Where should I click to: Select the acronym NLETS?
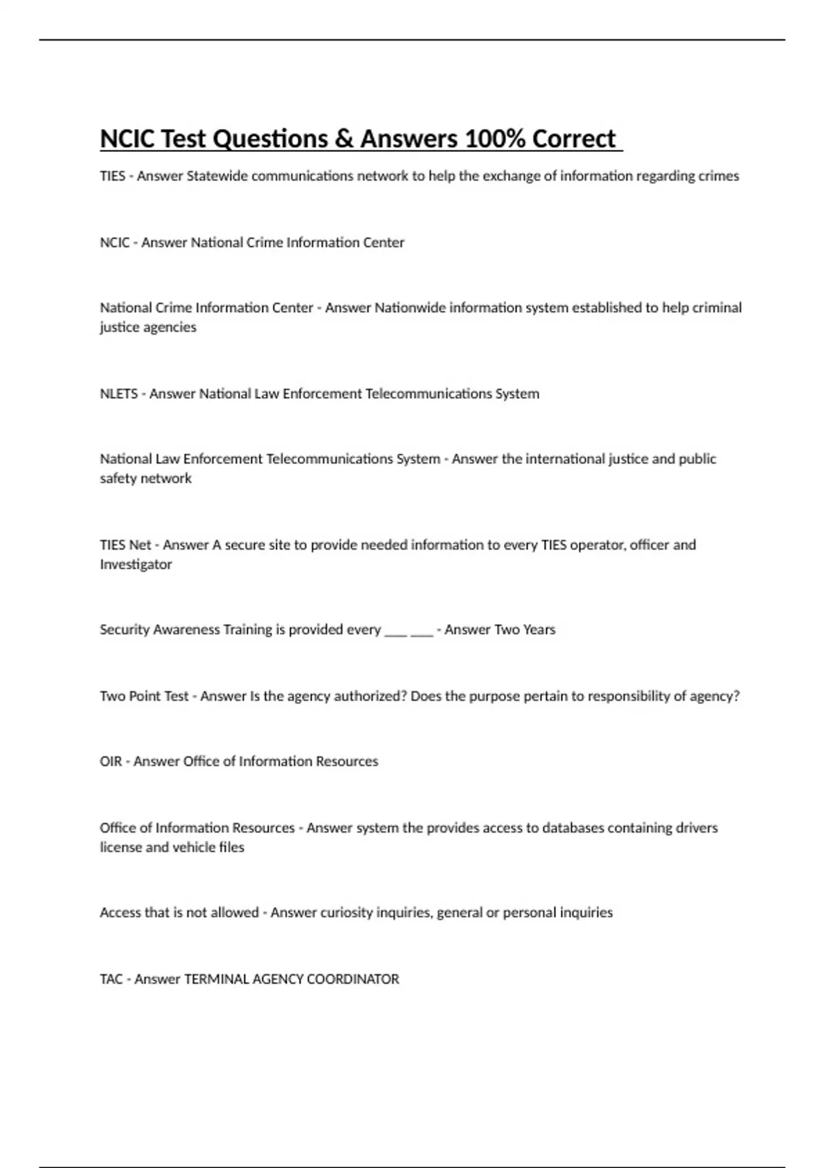click(x=119, y=394)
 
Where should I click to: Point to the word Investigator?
click(x=135, y=565)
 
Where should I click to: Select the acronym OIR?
click(x=111, y=762)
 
